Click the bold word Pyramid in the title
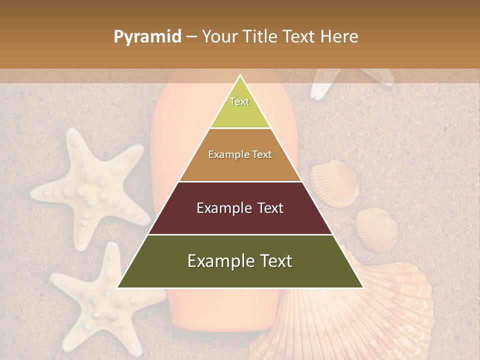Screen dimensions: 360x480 (x=147, y=37)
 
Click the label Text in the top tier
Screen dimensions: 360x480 (x=239, y=101)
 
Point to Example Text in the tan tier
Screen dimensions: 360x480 (x=240, y=154)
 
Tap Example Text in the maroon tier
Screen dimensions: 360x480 (x=240, y=208)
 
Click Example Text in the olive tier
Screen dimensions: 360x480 (x=240, y=261)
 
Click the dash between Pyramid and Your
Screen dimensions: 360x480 (x=191, y=37)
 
